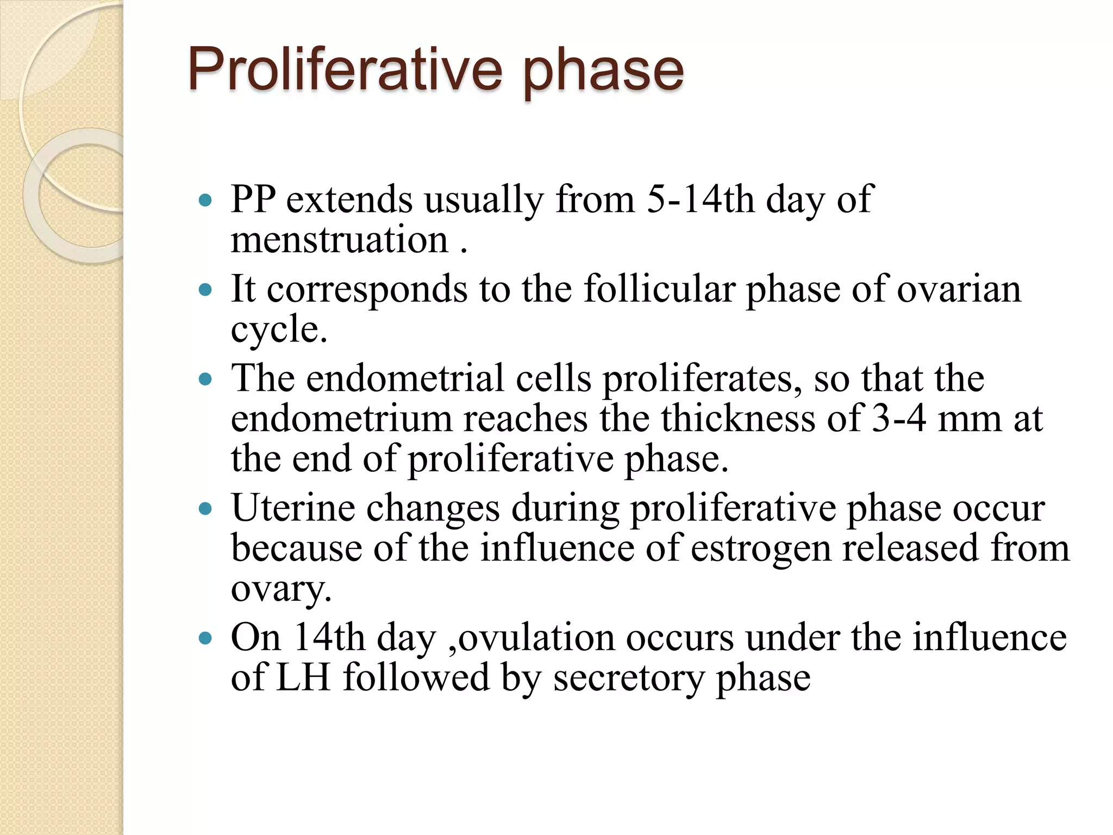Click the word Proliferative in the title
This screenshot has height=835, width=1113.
coord(345,70)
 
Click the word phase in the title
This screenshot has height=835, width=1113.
coord(603,72)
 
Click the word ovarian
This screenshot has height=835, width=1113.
coord(959,289)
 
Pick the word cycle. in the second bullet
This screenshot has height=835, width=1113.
coord(279,329)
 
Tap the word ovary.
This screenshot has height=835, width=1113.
coord(280,589)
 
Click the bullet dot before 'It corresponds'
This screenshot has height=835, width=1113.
coord(205,289)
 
